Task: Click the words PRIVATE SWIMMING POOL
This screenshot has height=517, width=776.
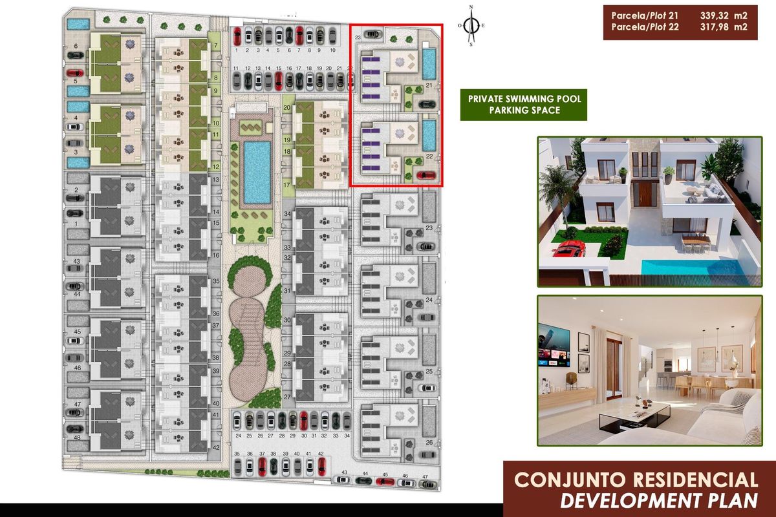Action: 524,99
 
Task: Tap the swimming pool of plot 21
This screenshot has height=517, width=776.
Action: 428,62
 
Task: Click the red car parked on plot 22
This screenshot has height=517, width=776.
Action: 426,174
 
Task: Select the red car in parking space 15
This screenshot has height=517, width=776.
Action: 279,80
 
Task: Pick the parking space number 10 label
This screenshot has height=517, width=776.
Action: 332,50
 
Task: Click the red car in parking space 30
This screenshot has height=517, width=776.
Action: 304,419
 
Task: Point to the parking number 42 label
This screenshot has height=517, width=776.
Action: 321,454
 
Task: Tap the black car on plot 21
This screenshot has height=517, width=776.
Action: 426,103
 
